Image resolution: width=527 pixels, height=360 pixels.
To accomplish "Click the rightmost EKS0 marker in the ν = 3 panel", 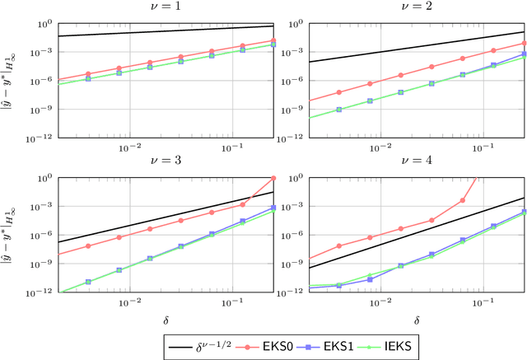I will [x=273, y=179].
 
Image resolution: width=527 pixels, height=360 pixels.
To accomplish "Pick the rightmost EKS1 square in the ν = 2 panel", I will [x=524, y=54].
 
